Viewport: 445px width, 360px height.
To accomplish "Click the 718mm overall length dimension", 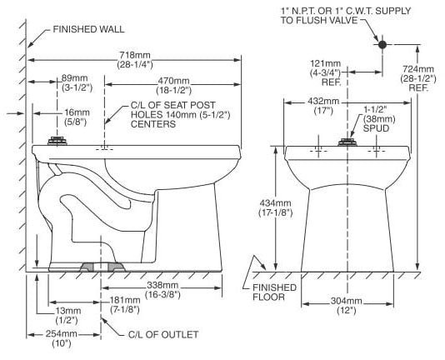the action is (x=135, y=60).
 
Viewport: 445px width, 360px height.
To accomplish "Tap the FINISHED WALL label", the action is (x=88, y=29).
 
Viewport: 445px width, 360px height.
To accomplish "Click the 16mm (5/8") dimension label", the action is (x=77, y=117).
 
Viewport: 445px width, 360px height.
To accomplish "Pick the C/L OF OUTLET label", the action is (x=163, y=334).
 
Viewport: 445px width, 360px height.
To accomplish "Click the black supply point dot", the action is (x=382, y=44).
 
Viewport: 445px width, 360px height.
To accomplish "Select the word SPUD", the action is (x=377, y=128).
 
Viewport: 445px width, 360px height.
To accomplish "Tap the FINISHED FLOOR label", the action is (x=274, y=292).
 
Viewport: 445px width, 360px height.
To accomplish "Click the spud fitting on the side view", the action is (x=57, y=141).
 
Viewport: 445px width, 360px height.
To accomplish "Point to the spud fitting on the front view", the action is (x=347, y=142).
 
